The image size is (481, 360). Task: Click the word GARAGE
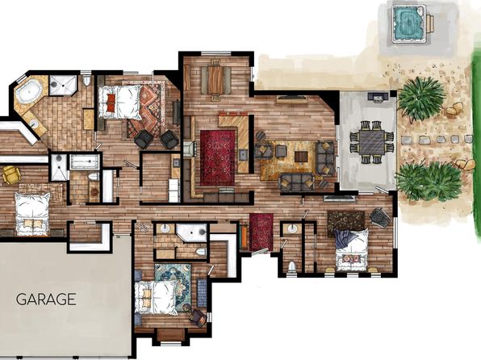46,299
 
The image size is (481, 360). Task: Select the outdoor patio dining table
372,142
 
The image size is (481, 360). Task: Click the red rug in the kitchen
217,157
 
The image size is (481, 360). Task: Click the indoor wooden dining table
215,79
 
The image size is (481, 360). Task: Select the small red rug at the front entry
261,232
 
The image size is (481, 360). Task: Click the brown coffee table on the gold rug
300,157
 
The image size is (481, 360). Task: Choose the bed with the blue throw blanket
351,249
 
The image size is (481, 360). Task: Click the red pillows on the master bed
111,103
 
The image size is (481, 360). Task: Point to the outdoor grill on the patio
379,97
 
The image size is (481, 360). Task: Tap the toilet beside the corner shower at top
87,81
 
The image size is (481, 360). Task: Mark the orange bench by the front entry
245,237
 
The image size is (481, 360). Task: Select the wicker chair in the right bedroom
379,217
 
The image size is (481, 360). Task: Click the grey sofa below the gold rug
296,182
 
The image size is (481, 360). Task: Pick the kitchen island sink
243,154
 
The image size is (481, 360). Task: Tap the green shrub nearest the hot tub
421,98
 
